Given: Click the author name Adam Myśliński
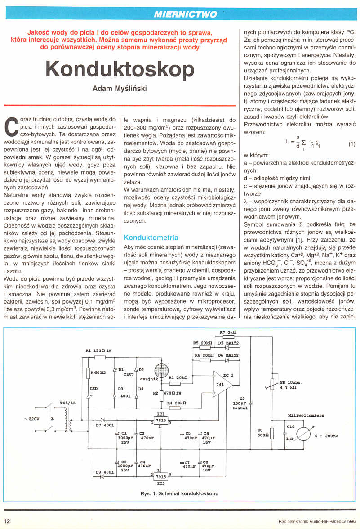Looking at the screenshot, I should [120, 89].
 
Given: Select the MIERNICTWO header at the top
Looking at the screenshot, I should [185, 14].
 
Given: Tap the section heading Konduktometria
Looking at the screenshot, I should [151, 237].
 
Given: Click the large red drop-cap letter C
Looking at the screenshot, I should [13, 126].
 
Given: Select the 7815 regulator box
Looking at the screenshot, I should [160, 420].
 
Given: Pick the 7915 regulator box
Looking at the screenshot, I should [160, 476].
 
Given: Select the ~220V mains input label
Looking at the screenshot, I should [31, 419].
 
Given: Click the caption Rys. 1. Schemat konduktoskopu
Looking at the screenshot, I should [179, 493].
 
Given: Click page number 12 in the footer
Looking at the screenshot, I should [8, 521].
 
